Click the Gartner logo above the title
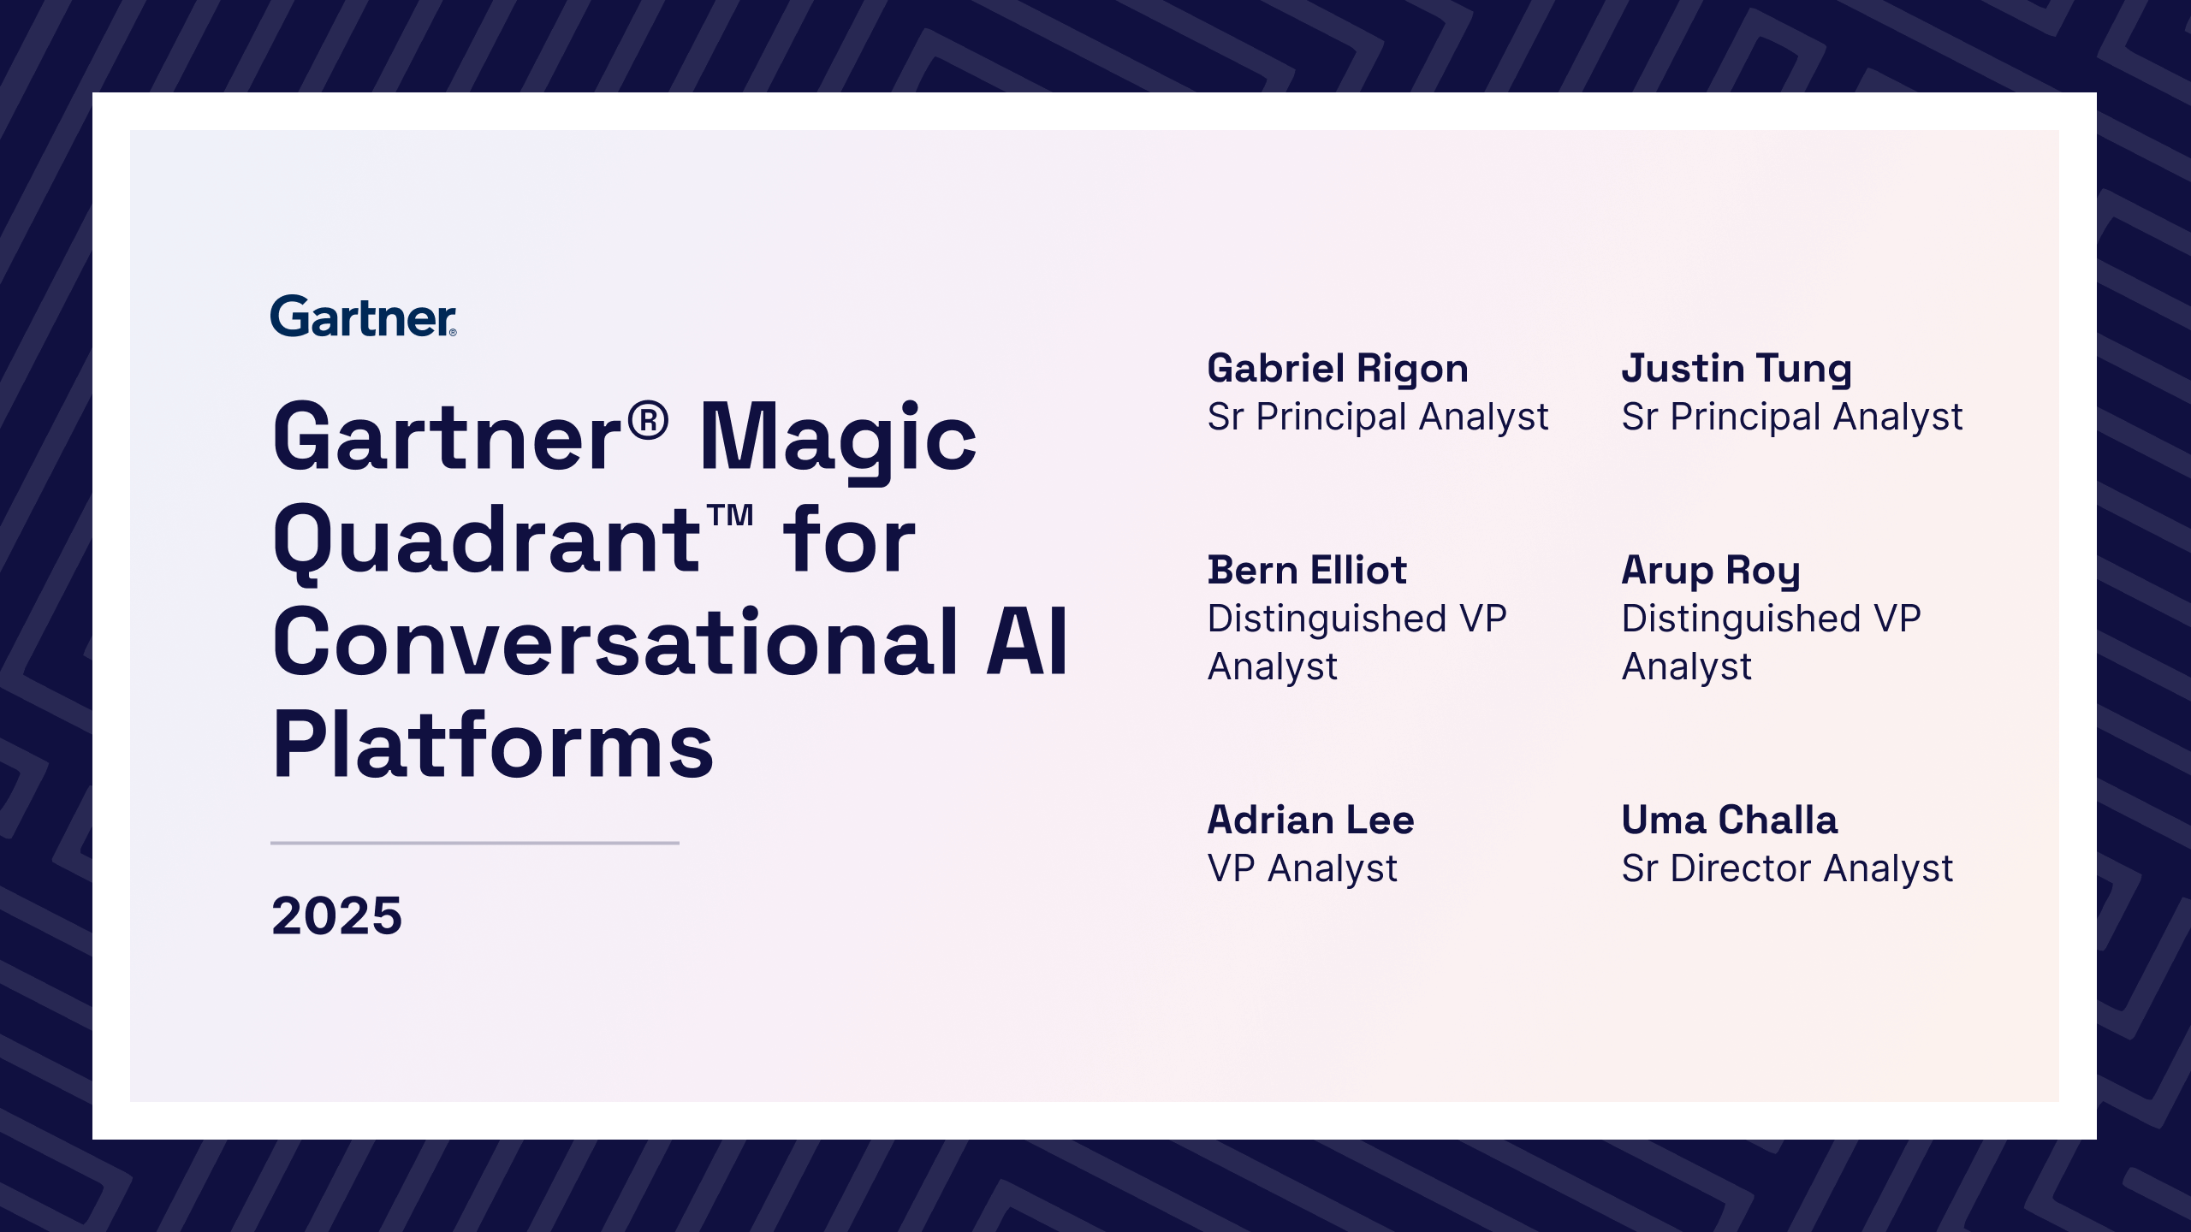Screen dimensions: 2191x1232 point(364,316)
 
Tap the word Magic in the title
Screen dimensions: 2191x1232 point(838,439)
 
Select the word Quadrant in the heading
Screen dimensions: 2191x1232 point(487,542)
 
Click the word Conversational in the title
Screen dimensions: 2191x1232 point(615,642)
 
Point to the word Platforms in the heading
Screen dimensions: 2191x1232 point(493,744)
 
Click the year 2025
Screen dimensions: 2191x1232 point(336,915)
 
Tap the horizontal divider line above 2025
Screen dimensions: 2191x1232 point(475,843)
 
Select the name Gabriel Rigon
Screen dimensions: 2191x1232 point(1338,370)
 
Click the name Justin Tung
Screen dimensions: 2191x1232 point(1737,370)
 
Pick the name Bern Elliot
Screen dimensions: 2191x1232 point(1307,570)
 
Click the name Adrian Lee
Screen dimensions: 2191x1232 point(1310,820)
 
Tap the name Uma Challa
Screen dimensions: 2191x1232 point(1730,820)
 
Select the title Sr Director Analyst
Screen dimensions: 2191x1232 point(1787,869)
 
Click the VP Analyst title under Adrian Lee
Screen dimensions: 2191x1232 point(1302,869)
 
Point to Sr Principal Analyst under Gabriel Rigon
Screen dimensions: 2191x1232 point(1378,418)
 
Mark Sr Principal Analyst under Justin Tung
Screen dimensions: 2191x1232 point(1792,418)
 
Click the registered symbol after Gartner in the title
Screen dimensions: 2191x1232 point(648,421)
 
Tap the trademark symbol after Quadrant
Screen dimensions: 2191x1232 point(730,515)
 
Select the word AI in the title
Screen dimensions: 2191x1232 point(1027,642)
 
